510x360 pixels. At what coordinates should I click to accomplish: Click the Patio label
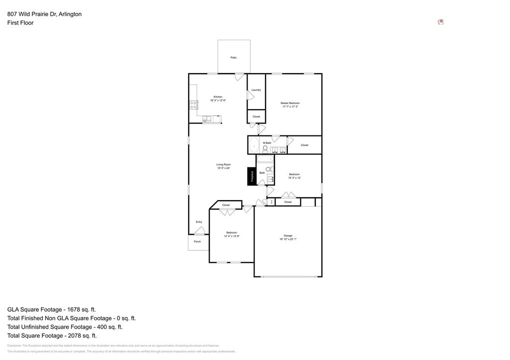234,58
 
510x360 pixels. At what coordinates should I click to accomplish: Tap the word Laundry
256,90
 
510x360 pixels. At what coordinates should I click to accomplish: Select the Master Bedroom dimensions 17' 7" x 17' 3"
290,107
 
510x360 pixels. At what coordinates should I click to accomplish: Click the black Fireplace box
252,177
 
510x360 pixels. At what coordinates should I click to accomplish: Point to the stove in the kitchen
193,105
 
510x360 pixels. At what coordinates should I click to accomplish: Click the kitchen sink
208,119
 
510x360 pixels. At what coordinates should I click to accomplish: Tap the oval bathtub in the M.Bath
254,146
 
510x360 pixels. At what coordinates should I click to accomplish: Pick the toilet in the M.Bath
265,148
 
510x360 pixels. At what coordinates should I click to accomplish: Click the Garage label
288,236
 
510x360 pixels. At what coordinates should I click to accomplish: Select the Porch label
197,241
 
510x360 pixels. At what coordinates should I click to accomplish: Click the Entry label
199,222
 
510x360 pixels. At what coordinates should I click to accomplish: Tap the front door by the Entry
200,231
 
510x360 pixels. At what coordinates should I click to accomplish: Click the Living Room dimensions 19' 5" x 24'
224,168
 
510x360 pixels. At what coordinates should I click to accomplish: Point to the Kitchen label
218,97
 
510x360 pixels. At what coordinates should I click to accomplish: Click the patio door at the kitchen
240,77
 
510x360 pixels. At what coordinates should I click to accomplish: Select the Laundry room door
250,95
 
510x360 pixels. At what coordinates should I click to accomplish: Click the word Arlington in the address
70,14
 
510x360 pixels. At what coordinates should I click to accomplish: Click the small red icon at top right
441,22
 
